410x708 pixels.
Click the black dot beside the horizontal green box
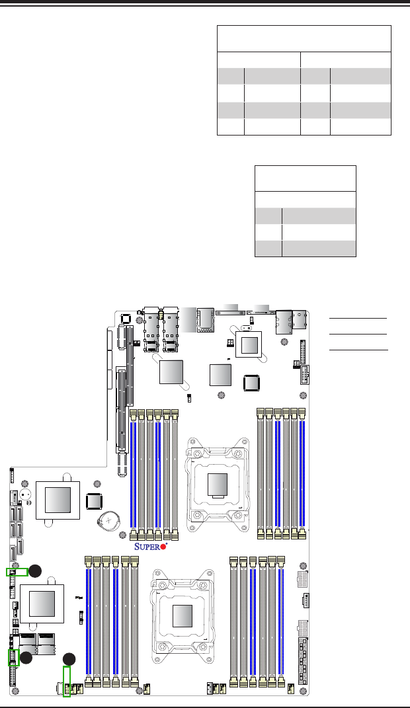[x=35, y=571]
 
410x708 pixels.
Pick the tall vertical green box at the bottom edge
[x=67, y=682]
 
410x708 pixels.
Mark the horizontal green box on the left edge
[x=17, y=572]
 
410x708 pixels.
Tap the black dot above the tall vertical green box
[x=69, y=659]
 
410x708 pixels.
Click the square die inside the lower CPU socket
[x=183, y=616]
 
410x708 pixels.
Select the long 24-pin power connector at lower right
[x=304, y=661]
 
